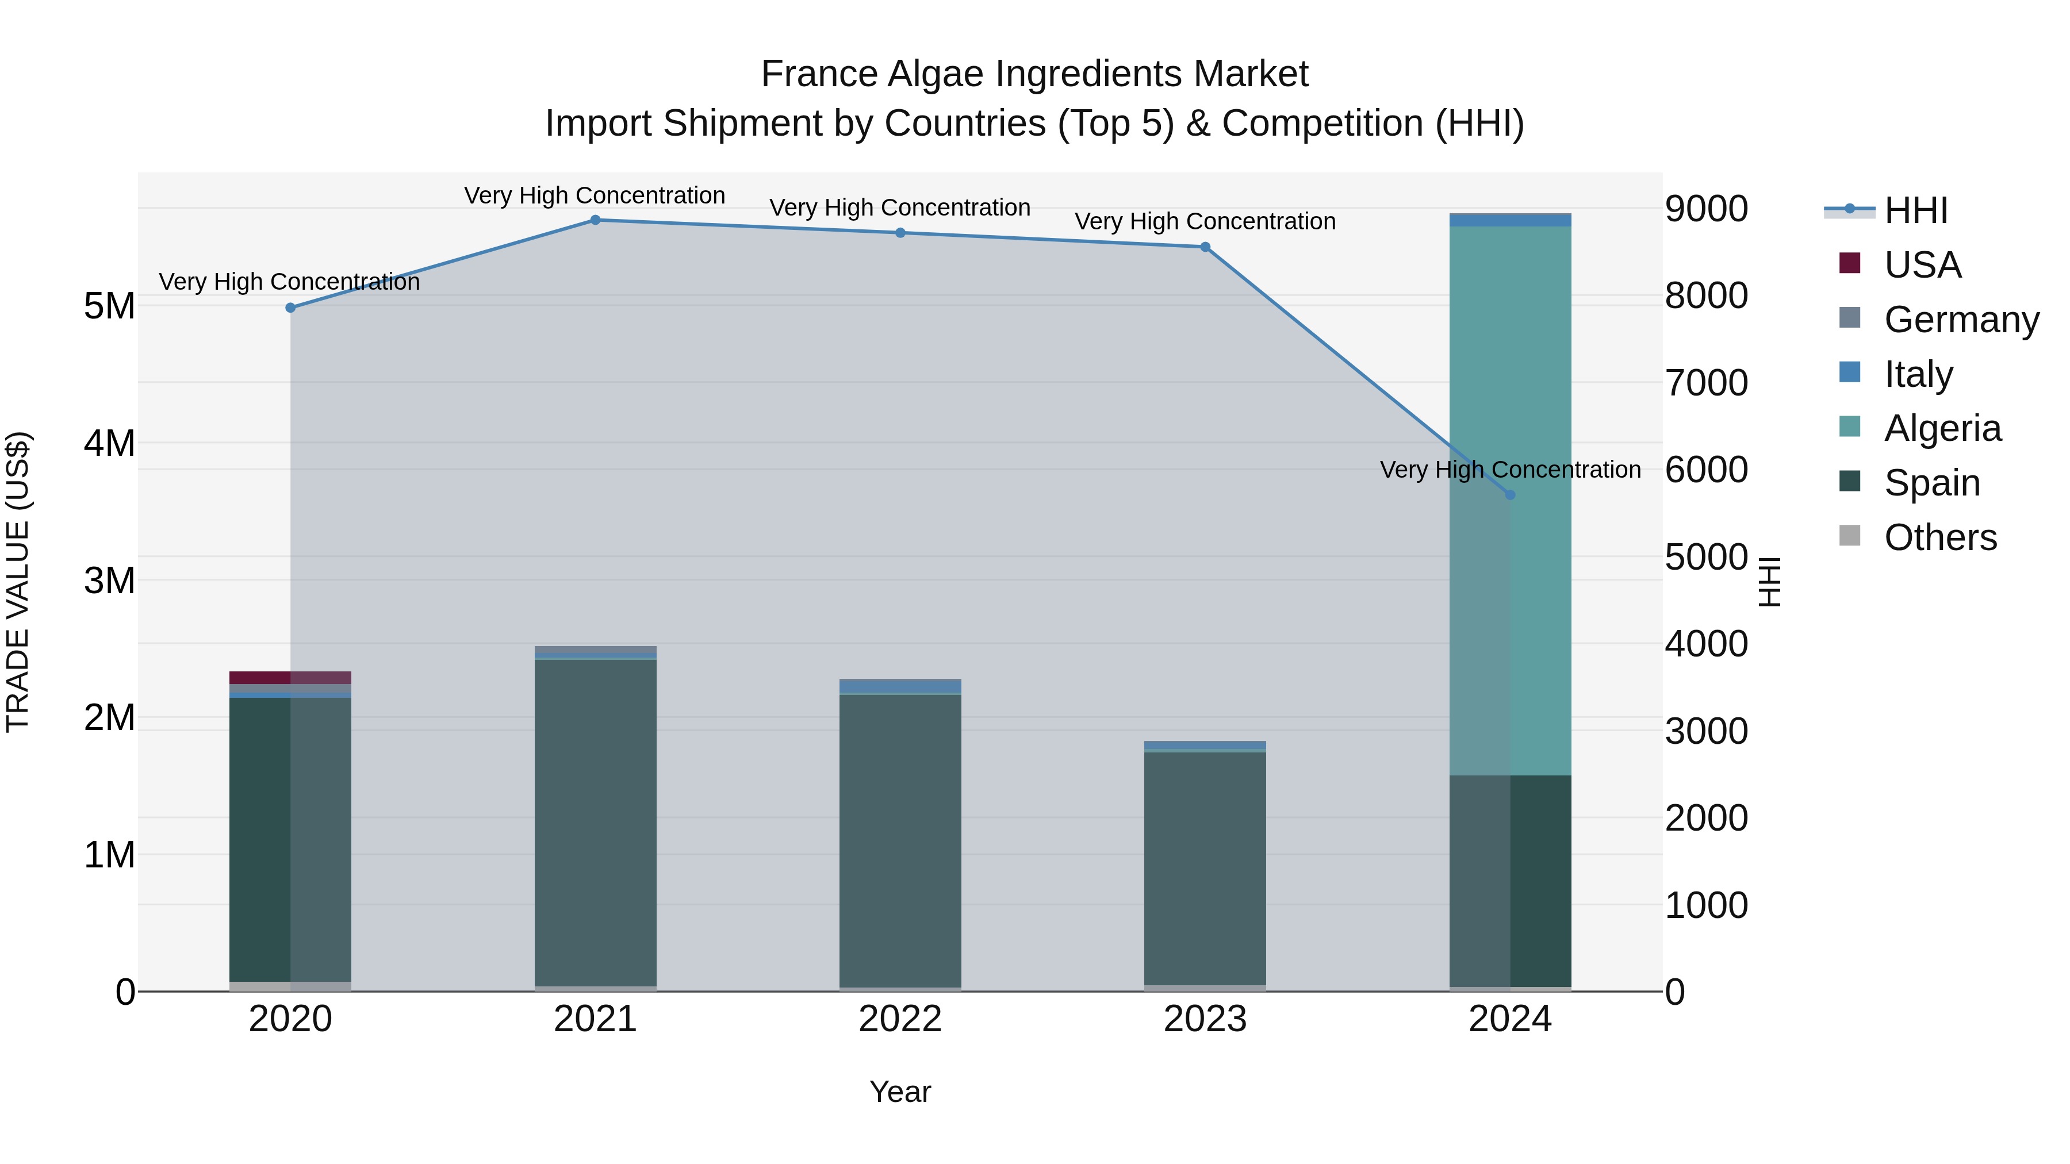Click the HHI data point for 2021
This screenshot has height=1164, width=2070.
click(x=596, y=220)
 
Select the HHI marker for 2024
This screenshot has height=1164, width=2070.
click(x=1510, y=495)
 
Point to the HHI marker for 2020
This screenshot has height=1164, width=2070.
click(x=291, y=308)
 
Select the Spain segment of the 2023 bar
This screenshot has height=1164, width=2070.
click(x=1205, y=867)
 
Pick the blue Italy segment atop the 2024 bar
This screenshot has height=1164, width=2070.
click(x=1510, y=220)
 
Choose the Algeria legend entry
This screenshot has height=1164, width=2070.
click(x=1942, y=428)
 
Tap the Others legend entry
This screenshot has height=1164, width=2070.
click(x=1940, y=537)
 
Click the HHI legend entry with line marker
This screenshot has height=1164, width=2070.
click(x=1915, y=210)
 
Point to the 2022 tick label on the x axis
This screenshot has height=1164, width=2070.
click(x=900, y=1019)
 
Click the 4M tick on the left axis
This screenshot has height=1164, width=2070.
click(x=109, y=443)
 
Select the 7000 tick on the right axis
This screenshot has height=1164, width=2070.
click(x=1706, y=383)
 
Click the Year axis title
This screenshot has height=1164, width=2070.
click(x=900, y=1092)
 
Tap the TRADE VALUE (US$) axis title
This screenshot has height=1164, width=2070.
click(x=18, y=582)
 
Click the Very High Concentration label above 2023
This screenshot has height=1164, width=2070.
click(x=1205, y=222)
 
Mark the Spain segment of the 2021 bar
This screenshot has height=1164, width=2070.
click(x=596, y=819)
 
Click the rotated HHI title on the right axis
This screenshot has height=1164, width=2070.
click(x=1769, y=582)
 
